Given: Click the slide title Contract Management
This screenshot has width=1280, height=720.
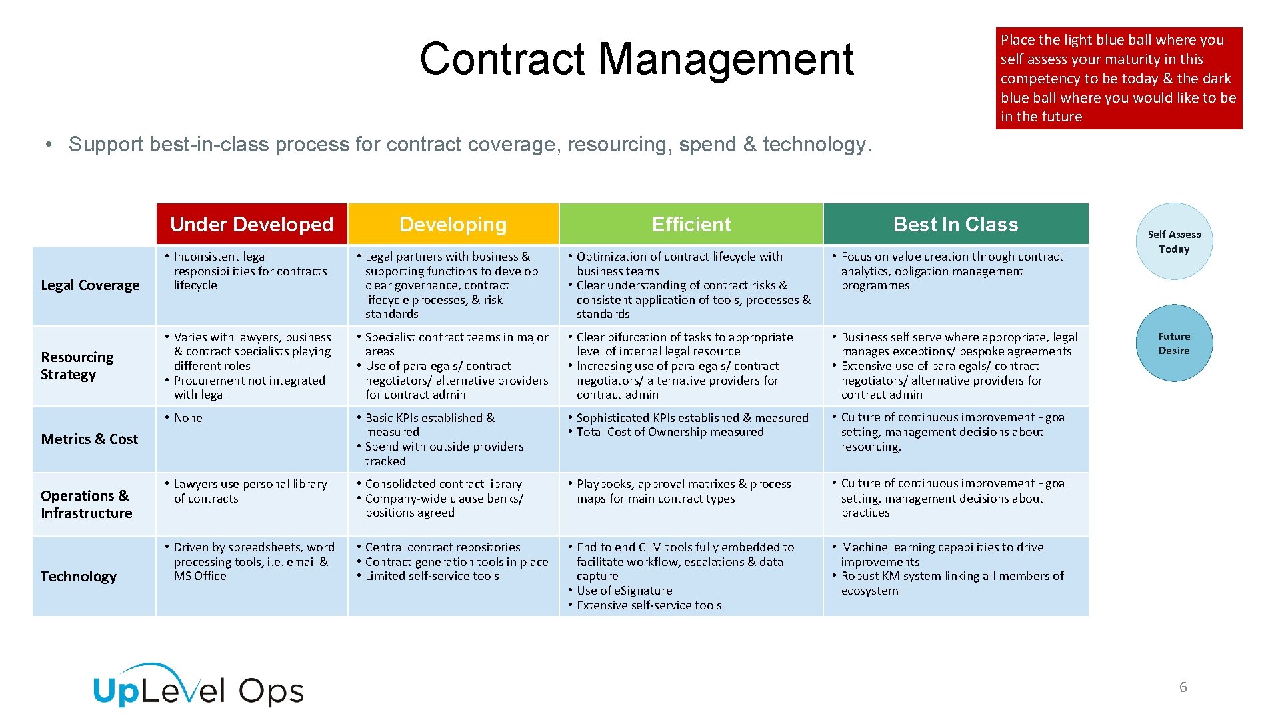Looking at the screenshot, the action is coord(637,59).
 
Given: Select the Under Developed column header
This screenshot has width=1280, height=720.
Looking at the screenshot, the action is coord(251,224).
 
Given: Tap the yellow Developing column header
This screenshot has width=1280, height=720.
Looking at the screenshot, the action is coord(453,224).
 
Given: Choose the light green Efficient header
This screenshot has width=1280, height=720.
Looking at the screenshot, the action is coord(691,224).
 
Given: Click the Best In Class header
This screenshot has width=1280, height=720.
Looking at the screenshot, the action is coord(955,224).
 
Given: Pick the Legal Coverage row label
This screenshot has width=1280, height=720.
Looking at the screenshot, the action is coord(90,285).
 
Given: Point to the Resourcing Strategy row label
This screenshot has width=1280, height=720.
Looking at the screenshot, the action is coord(77,366).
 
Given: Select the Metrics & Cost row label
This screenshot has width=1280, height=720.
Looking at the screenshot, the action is coord(89,439).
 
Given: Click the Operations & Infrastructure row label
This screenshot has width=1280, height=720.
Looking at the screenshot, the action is coord(86,505).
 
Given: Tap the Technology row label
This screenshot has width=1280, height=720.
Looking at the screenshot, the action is coord(79,577).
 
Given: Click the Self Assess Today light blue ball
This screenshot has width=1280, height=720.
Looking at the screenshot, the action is coord(1174,241).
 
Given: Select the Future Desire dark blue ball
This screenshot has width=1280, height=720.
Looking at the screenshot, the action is coord(1174,343).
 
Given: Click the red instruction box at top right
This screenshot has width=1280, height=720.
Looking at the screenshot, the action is coord(1119,78).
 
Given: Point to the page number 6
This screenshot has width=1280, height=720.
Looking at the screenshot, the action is coord(1183,687).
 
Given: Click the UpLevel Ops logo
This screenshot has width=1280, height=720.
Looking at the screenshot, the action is coord(198,687).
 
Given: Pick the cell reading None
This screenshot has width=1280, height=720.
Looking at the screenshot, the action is coord(188,418).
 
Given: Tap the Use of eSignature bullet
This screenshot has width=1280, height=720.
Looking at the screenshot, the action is coord(624,591).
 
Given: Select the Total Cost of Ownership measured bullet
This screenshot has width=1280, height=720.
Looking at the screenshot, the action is coord(670,432).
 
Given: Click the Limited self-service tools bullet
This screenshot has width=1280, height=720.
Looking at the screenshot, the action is coord(432,576).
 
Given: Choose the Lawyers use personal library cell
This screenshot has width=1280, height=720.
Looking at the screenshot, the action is coord(250,491).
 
